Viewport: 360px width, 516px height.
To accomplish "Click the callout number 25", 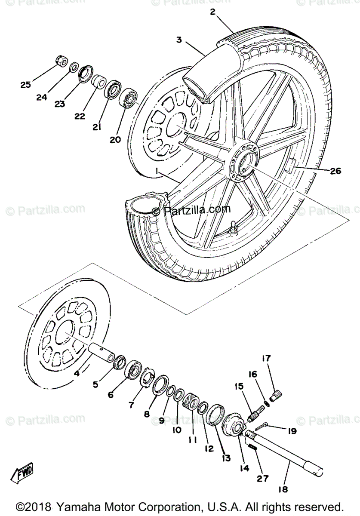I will pyautogui.click(x=26, y=85).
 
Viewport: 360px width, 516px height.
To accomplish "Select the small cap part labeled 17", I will pyautogui.click(x=274, y=393).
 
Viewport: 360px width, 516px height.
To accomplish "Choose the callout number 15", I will pyautogui.click(x=239, y=386).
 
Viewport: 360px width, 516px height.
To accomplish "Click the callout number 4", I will pyautogui.click(x=77, y=373).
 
